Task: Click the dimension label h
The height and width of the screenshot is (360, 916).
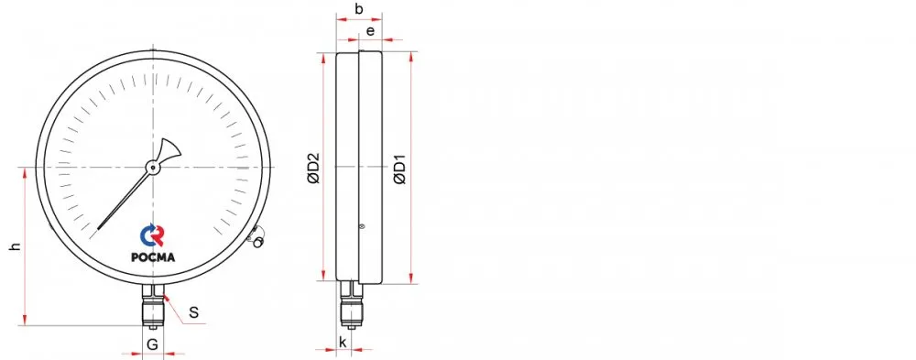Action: [16, 246]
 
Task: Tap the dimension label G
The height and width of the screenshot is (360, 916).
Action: [152, 344]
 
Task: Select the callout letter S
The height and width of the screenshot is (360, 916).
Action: [194, 312]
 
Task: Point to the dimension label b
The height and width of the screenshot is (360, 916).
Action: [359, 9]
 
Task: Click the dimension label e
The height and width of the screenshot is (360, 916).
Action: [370, 30]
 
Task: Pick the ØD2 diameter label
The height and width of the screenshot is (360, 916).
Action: [314, 169]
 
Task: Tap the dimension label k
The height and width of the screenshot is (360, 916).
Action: [343, 342]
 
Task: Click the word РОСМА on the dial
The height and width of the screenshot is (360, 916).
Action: [153, 256]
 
